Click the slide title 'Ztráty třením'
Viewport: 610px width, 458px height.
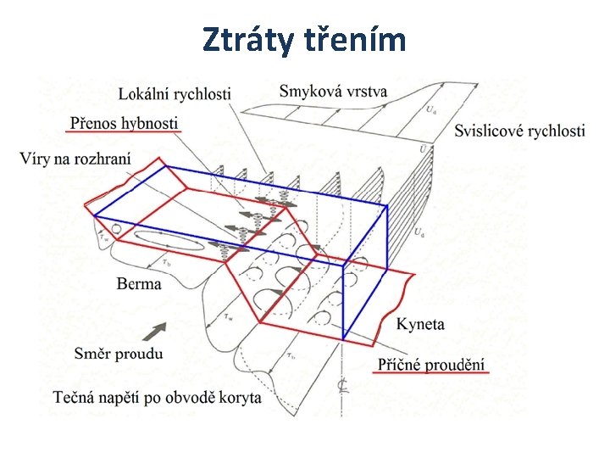[305, 39]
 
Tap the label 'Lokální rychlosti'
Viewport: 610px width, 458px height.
[175, 94]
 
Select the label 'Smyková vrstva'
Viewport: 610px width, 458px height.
[333, 91]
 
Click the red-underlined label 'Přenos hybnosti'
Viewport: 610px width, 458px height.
[124, 123]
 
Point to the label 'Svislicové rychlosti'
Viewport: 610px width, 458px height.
[519, 131]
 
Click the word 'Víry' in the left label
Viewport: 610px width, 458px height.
[33, 159]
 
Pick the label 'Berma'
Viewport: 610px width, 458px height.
[139, 283]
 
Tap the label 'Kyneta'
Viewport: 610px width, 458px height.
[420, 324]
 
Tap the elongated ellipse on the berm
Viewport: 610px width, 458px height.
[169, 241]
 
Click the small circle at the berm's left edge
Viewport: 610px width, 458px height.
[117, 229]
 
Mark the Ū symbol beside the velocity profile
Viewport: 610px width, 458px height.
[424, 149]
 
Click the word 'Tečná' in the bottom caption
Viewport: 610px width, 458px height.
[73, 397]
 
